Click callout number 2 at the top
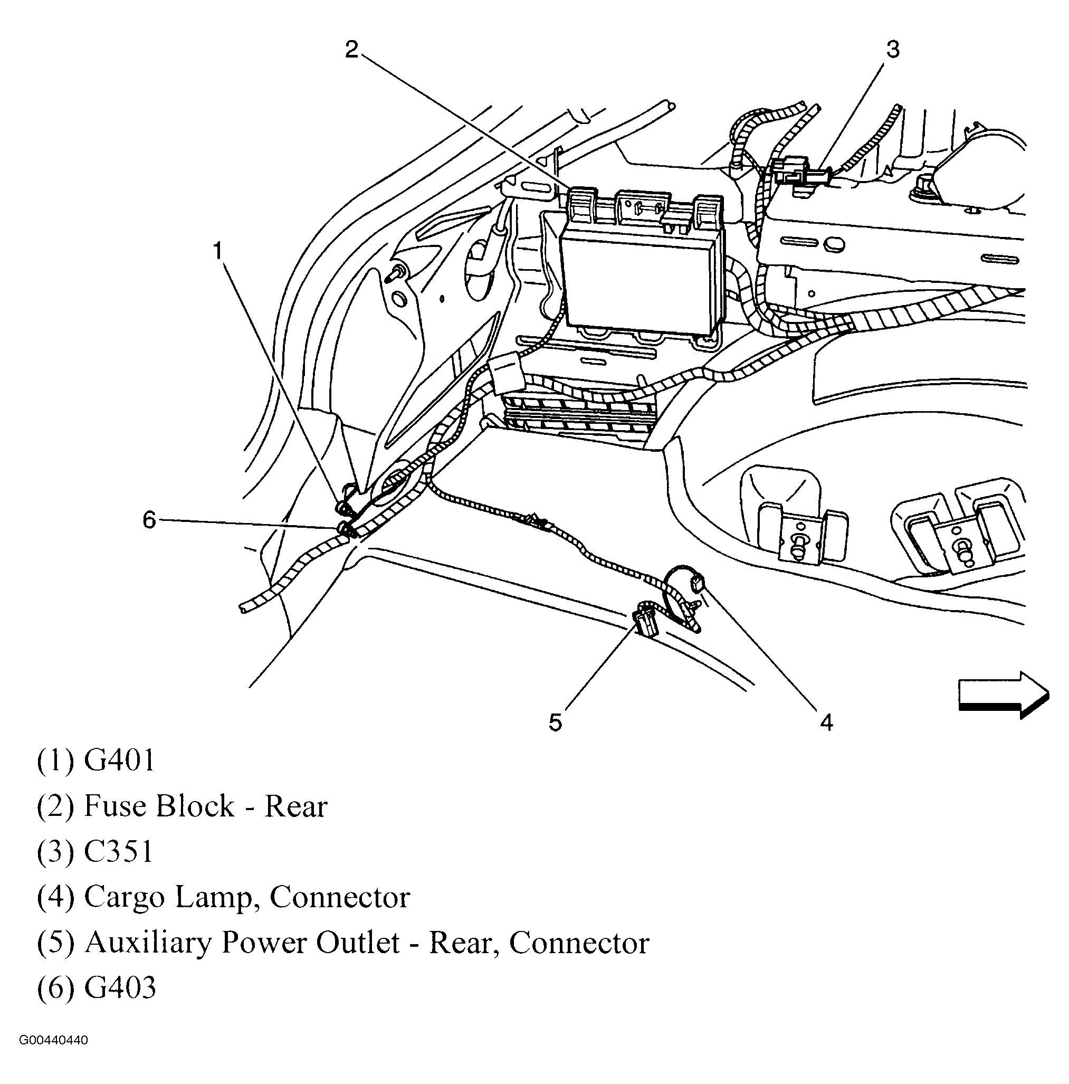pos(351,50)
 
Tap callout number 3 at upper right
pos(892,50)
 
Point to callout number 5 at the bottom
pos(555,722)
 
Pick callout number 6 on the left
pos(149,520)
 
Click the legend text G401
pos(119,762)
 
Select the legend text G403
pos(119,988)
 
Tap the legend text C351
pos(118,852)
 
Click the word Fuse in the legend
pos(114,806)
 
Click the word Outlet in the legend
pos(357,943)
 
